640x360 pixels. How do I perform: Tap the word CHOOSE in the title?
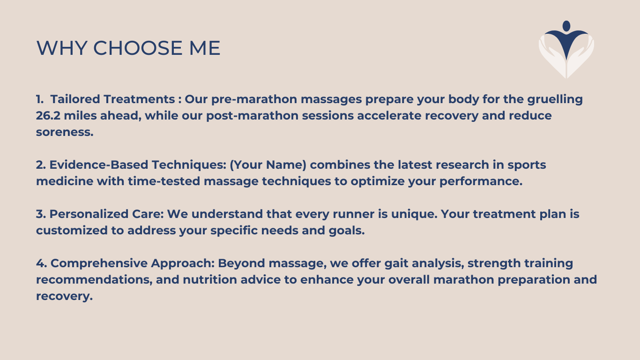tap(138, 48)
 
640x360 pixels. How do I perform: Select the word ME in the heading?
tap(205, 48)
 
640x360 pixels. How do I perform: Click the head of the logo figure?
tap(566, 26)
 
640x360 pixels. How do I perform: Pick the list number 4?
tap(41, 263)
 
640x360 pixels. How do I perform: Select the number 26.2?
tap(48, 115)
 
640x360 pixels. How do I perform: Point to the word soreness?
tap(65, 132)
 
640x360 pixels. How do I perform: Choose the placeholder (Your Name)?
tap(268, 165)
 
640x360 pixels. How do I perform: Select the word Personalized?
tap(89, 214)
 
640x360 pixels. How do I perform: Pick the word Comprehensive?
tap(99, 263)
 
